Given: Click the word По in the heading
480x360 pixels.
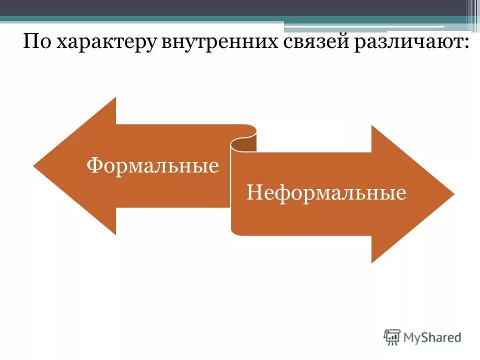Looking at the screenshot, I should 37,42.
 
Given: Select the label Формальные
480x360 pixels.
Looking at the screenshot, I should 153,165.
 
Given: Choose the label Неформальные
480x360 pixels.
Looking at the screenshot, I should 326,192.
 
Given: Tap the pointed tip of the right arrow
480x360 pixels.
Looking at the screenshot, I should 453,194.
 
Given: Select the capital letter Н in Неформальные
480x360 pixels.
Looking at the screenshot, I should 253,192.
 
